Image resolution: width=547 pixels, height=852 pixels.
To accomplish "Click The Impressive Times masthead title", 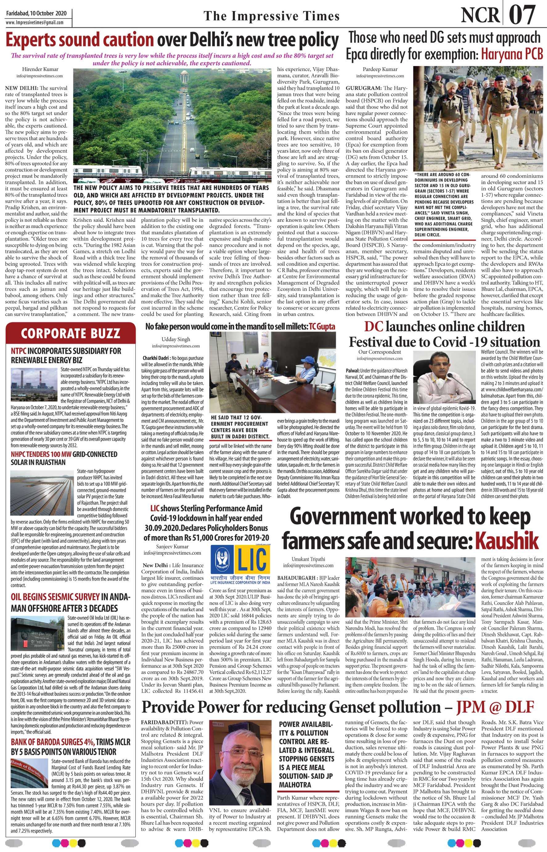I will (x=272, y=16).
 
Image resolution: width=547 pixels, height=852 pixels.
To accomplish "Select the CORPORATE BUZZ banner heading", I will (x=70, y=333).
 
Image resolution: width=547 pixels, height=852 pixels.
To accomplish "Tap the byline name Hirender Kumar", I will (x=40, y=69).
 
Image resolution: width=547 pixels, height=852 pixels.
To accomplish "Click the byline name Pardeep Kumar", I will (x=380, y=69).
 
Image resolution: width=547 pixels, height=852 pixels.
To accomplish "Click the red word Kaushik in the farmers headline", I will (x=507, y=541).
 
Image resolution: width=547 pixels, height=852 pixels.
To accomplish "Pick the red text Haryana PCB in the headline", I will (x=512, y=54).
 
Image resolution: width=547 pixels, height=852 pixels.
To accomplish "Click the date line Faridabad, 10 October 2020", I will (x=36, y=14).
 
